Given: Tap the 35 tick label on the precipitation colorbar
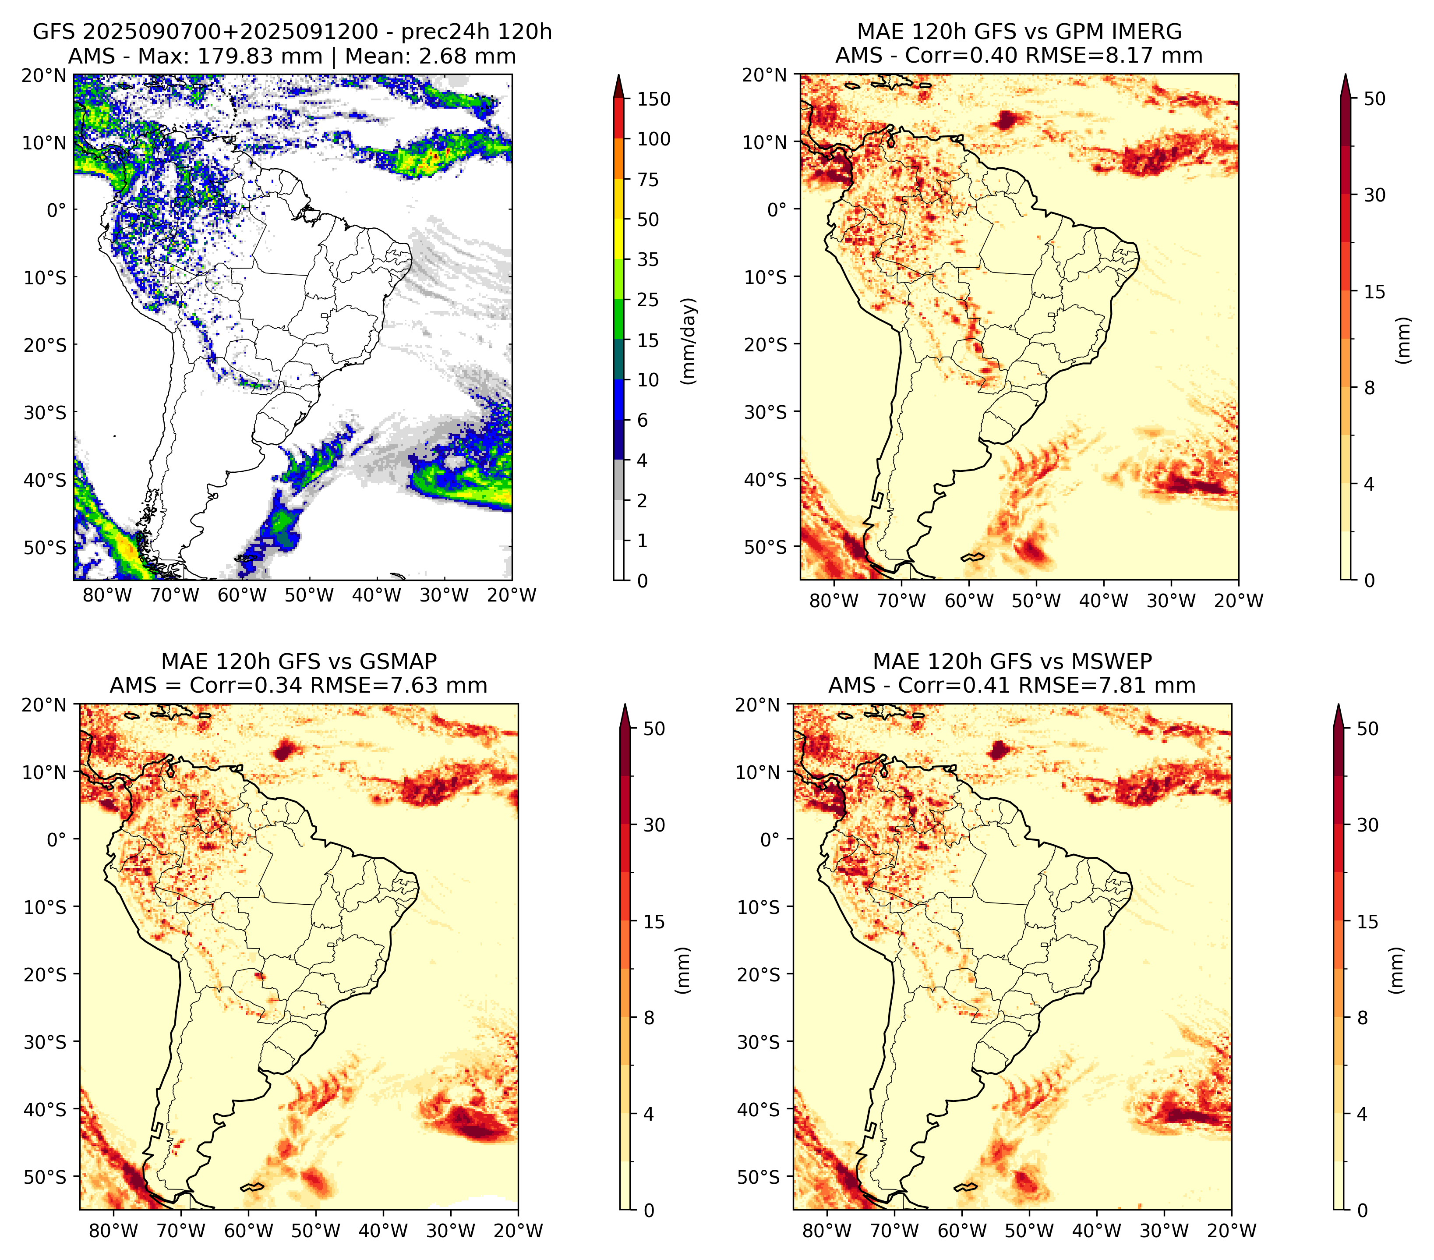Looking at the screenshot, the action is point(647,259).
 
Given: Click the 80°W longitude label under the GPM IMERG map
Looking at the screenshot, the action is point(834,601).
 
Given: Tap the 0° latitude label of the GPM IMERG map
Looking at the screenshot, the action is point(777,209).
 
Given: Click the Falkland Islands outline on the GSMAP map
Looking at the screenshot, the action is point(252,1187).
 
